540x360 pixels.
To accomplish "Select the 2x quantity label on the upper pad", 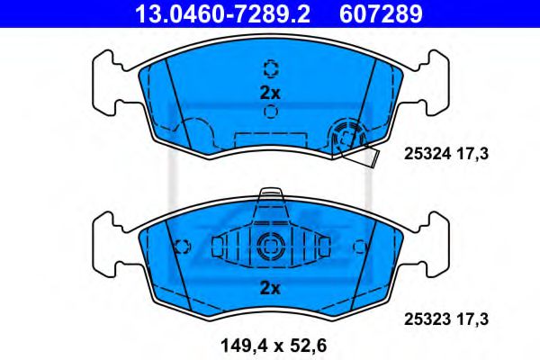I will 270,92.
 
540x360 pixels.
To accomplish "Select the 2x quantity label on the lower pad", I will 270,288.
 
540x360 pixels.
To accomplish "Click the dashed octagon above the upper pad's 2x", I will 270,68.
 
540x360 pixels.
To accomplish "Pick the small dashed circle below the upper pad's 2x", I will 270,112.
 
